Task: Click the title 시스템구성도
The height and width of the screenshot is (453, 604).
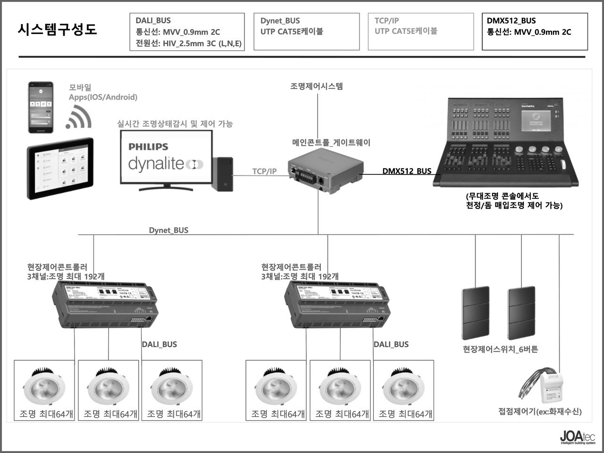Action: [x=57, y=29]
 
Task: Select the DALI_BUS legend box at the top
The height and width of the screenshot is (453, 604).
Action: [x=187, y=32]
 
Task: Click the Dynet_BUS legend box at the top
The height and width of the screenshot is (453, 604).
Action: [x=306, y=32]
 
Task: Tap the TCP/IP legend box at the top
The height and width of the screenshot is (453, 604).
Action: [x=420, y=32]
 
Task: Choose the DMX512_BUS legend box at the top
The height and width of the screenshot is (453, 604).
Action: [x=535, y=32]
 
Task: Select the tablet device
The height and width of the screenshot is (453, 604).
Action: [x=60, y=168]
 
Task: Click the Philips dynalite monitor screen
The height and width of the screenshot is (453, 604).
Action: [x=166, y=157]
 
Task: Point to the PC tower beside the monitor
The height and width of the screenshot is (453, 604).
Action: [x=222, y=173]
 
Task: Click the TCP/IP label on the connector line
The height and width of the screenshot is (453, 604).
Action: [x=264, y=172]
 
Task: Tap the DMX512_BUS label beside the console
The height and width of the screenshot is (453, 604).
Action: [x=407, y=171]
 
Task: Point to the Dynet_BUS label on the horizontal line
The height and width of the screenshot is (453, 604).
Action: [x=168, y=230]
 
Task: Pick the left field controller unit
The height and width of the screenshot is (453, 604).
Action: [x=105, y=304]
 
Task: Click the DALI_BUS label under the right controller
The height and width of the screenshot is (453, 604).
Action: [x=391, y=345]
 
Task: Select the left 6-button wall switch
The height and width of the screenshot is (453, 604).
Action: [x=476, y=312]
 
